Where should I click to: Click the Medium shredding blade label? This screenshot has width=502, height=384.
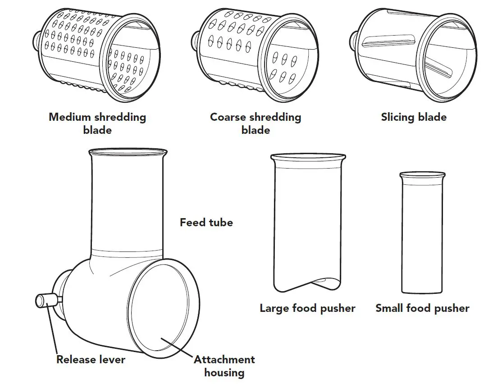tap(97, 123)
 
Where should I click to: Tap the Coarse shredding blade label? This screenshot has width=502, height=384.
tap(256, 123)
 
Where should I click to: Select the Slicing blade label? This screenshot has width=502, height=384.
tap(414, 118)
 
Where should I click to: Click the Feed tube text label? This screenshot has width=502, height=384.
tap(206, 223)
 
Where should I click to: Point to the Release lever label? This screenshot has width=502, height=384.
tap(91, 360)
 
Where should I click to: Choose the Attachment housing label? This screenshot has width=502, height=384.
tap(224, 366)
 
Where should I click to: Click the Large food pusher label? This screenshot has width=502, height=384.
tap(307, 309)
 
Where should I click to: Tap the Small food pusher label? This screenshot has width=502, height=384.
tap(422, 309)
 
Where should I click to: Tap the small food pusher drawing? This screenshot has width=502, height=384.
tap(422, 234)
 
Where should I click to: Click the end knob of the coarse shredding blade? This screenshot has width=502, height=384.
tap(195, 38)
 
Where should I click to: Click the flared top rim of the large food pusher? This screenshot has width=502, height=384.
tap(308, 157)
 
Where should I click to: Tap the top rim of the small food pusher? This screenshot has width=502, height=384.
tap(422, 174)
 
